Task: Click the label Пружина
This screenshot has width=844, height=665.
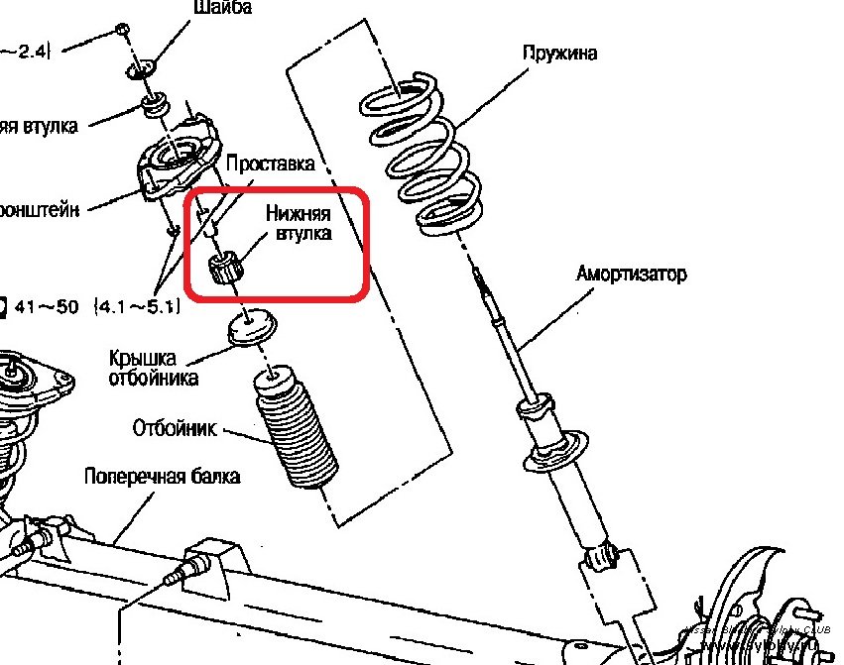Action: pos(559,54)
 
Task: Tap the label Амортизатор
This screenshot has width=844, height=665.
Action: pos(631,274)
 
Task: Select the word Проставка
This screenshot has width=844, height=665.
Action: pos(271,164)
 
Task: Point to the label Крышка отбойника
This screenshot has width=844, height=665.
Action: pos(154,368)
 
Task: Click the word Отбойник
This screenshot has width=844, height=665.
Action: pos(175,429)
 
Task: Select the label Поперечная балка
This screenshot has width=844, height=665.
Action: pos(162,477)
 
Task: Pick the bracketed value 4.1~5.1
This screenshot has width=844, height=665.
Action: pos(138,307)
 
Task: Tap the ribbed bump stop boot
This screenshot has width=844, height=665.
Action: pos(293,431)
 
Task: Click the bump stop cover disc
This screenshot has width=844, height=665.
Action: pos(251,326)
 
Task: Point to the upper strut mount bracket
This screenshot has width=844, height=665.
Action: pos(178,159)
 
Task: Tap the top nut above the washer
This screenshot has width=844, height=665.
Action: pos(120,27)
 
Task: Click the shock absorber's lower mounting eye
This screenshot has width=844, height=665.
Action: pos(601,558)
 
